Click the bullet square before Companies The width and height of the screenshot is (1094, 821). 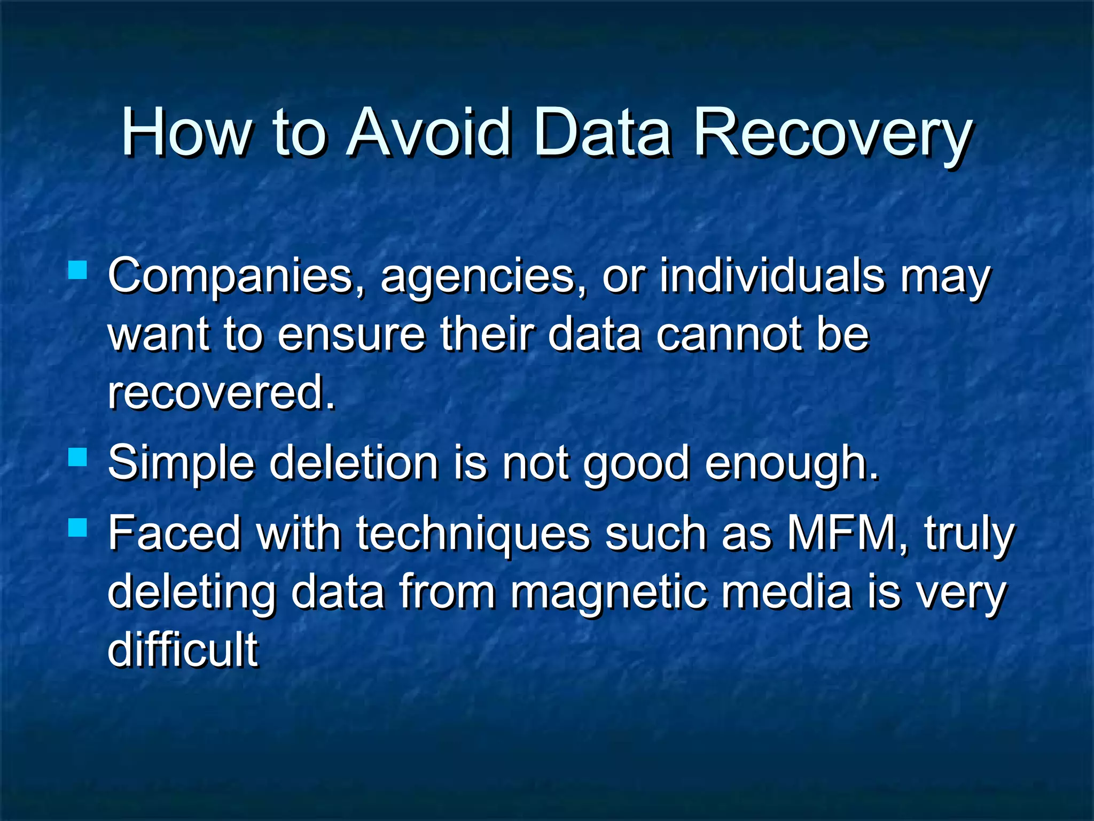(78, 270)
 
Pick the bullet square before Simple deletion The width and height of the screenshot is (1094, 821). (78, 458)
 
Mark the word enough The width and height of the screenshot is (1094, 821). (791, 464)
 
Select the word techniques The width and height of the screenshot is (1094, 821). (473, 535)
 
